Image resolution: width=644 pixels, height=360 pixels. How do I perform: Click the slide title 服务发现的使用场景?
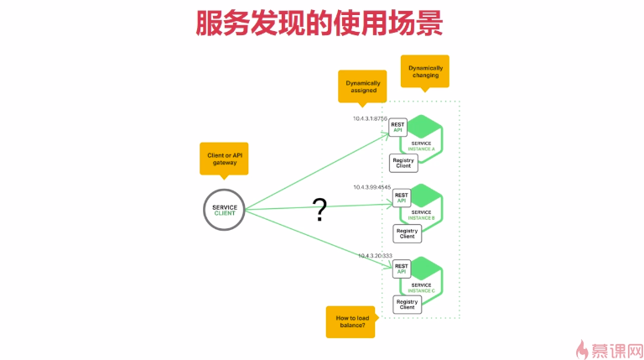(x=319, y=23)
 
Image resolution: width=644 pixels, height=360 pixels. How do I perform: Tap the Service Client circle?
(x=225, y=210)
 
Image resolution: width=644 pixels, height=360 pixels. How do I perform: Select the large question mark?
(x=319, y=210)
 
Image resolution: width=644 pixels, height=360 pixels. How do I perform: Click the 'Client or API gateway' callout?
(x=224, y=157)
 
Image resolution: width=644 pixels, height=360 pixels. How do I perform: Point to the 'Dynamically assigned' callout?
(x=363, y=85)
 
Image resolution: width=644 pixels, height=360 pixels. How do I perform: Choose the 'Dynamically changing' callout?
(x=424, y=70)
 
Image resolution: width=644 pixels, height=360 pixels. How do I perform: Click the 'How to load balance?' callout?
(x=351, y=322)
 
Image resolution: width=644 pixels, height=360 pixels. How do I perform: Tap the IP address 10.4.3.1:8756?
(x=370, y=119)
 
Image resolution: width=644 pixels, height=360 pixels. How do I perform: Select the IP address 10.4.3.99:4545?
(x=372, y=187)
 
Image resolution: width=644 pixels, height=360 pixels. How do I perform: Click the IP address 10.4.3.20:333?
(x=375, y=255)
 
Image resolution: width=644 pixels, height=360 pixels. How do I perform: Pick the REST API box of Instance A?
(x=398, y=128)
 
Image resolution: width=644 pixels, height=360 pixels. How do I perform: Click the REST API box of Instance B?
(x=402, y=198)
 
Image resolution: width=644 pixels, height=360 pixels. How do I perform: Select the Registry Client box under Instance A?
(x=403, y=163)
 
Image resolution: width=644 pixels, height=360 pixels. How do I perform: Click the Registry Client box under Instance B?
(x=407, y=233)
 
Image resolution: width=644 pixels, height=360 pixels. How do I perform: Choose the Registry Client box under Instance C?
(x=407, y=304)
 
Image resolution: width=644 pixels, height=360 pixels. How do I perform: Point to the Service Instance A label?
(x=422, y=146)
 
